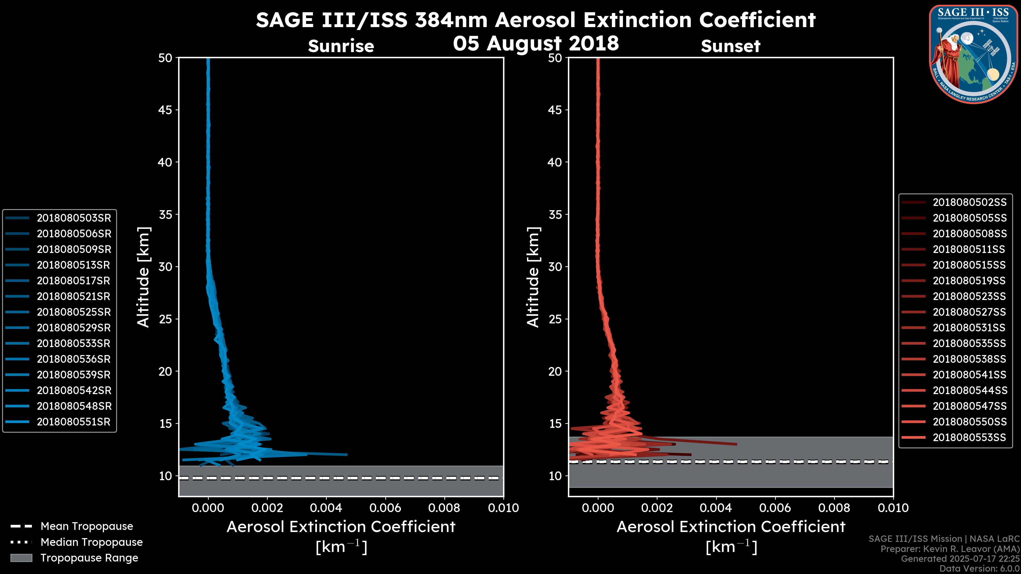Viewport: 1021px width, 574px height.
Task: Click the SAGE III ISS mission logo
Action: (x=974, y=54)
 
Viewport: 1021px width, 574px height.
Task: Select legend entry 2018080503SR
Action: (x=74, y=218)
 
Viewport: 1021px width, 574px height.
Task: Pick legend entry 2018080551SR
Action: (x=74, y=422)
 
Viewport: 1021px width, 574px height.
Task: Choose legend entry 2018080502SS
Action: (x=969, y=202)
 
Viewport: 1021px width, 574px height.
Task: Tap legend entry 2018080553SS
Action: (x=969, y=437)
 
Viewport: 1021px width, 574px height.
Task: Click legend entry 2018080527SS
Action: (x=969, y=312)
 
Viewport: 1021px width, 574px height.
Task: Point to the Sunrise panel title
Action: (x=341, y=46)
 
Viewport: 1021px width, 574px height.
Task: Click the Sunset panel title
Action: (x=730, y=46)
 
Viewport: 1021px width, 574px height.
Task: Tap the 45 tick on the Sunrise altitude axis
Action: (x=165, y=110)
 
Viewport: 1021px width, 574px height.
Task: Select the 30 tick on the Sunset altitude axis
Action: (x=555, y=267)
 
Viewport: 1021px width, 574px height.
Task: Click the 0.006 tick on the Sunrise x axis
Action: (x=385, y=508)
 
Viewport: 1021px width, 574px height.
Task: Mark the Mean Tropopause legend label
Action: (x=87, y=526)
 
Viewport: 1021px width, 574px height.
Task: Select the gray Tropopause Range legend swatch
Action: (x=21, y=558)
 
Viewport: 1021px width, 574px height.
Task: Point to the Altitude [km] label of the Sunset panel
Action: (x=533, y=277)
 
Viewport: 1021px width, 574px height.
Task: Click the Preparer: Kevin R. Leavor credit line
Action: (x=950, y=549)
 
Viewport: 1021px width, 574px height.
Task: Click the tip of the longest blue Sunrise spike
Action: (x=347, y=454)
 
